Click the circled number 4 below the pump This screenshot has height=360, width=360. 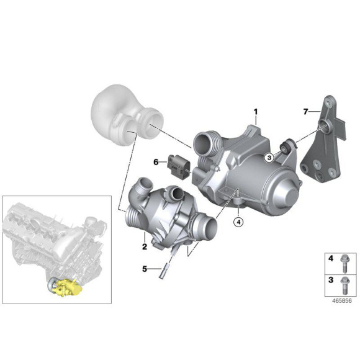[x=239, y=220]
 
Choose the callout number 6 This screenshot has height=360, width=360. [x=156, y=161]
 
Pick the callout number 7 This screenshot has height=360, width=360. [x=305, y=111]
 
